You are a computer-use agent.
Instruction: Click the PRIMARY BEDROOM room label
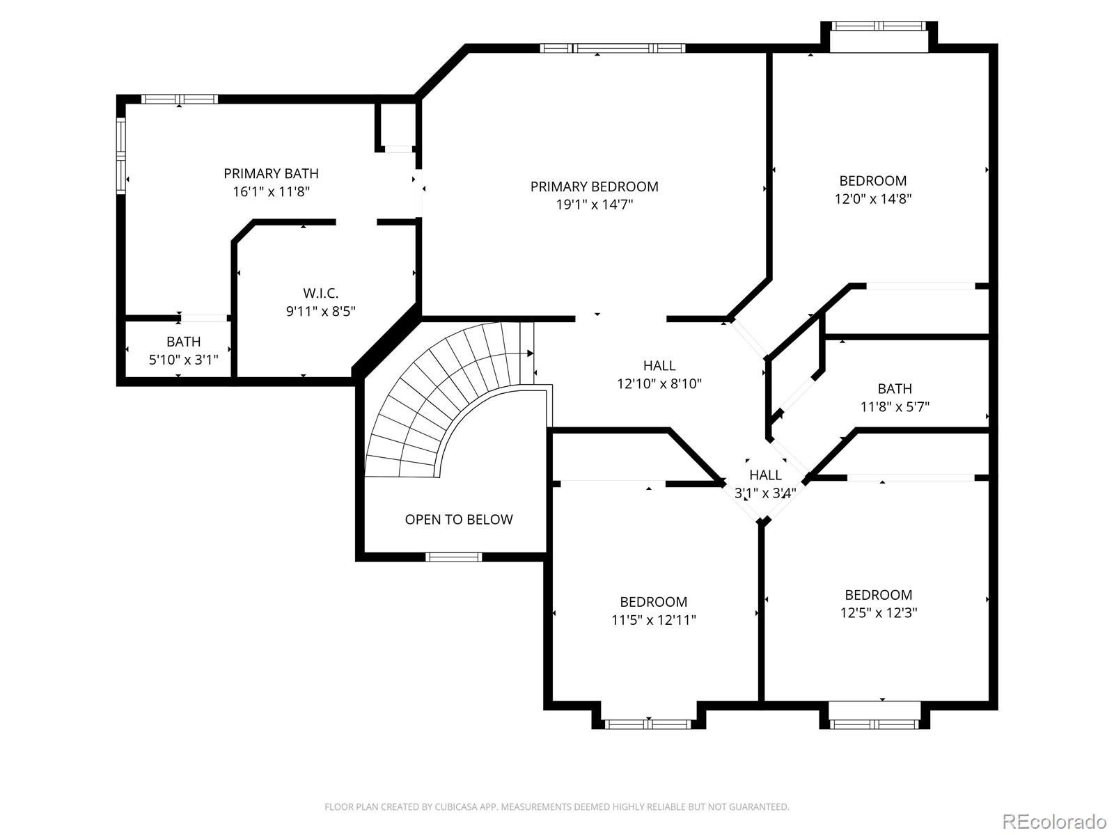click(x=595, y=186)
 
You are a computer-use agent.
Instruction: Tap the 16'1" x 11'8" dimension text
click(x=271, y=191)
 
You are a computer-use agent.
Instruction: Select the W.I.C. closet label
click(x=321, y=293)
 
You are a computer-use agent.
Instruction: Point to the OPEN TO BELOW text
click(x=459, y=519)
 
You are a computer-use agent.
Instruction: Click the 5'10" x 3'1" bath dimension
click(x=183, y=360)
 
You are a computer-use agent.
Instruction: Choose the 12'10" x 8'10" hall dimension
click(x=659, y=383)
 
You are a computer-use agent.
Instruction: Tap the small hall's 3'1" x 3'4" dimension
click(x=765, y=492)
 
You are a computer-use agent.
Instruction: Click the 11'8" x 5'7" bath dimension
click(x=895, y=406)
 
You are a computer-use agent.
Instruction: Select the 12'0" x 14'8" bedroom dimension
click(x=873, y=198)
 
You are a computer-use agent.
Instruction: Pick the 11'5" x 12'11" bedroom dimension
click(x=654, y=619)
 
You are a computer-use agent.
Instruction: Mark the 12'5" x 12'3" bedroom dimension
click(x=879, y=612)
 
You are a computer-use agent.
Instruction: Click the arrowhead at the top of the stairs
click(x=531, y=353)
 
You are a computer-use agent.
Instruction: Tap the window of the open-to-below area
click(x=454, y=557)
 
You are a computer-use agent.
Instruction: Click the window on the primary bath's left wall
click(x=120, y=155)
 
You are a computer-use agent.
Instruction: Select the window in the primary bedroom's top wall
click(x=613, y=48)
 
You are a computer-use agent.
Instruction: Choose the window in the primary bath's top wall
click(x=179, y=99)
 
